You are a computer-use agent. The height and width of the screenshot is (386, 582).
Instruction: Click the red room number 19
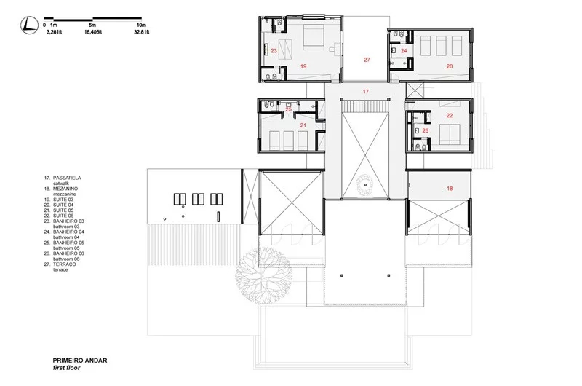click(x=303, y=66)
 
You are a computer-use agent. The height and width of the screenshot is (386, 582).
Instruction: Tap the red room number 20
click(x=449, y=66)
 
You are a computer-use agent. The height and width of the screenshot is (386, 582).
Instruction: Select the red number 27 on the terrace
click(x=367, y=59)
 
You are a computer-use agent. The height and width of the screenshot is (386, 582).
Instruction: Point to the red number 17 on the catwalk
click(x=366, y=91)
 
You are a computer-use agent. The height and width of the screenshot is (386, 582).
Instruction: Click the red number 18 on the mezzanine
click(x=449, y=188)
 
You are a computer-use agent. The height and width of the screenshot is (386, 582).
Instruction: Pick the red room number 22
click(x=449, y=116)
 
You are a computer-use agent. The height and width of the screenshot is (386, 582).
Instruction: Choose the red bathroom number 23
click(x=274, y=51)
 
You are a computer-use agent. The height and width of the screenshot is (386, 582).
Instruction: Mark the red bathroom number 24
click(x=403, y=51)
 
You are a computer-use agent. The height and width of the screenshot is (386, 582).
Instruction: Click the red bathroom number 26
click(x=426, y=131)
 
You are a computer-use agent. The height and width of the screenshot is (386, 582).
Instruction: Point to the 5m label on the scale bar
click(x=92, y=25)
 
